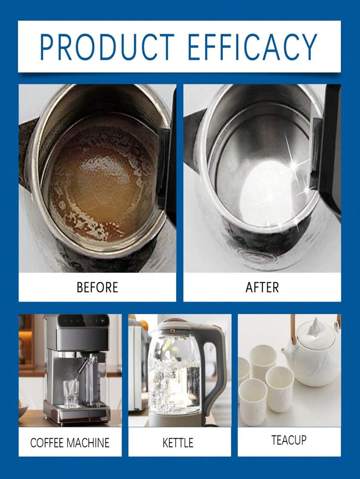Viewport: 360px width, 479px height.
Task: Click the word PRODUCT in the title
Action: click(x=107, y=47)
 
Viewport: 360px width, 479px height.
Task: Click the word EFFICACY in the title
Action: click(x=252, y=47)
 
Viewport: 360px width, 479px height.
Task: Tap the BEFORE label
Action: click(x=97, y=287)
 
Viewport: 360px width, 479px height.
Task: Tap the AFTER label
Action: click(x=262, y=287)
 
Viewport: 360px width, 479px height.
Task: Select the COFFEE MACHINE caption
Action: click(x=70, y=443)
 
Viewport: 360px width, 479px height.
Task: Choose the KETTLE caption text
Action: click(x=178, y=443)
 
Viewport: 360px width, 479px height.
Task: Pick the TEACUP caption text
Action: click(x=289, y=440)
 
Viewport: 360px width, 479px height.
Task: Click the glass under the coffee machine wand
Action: click(x=71, y=394)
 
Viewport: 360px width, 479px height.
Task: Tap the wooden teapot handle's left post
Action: click(x=293, y=329)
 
